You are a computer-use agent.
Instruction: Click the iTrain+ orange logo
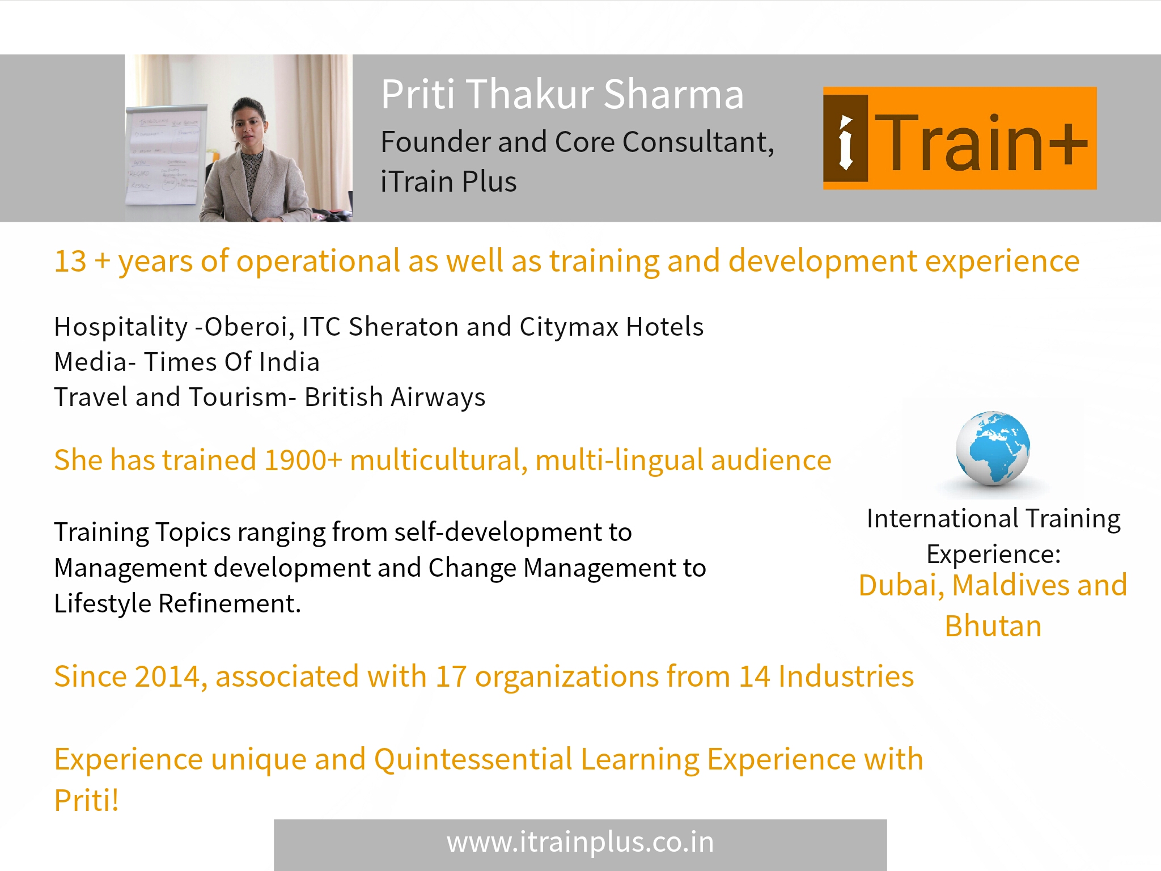tap(960, 138)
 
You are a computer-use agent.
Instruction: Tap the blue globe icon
tap(993, 449)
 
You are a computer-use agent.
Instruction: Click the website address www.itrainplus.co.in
tap(580, 843)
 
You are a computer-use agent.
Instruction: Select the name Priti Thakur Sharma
tap(562, 94)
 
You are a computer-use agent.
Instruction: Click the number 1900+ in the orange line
tap(303, 460)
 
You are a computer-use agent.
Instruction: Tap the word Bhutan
tap(993, 627)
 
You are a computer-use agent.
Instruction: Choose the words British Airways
tap(395, 398)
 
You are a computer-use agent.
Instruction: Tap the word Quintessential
tap(473, 759)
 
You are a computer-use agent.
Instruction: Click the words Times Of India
tap(232, 362)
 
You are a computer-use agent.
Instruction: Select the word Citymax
tap(569, 328)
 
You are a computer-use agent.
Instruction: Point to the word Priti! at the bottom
tap(87, 801)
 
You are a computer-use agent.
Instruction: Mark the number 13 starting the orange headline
tap(70, 262)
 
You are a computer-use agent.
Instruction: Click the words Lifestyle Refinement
tap(177, 603)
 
